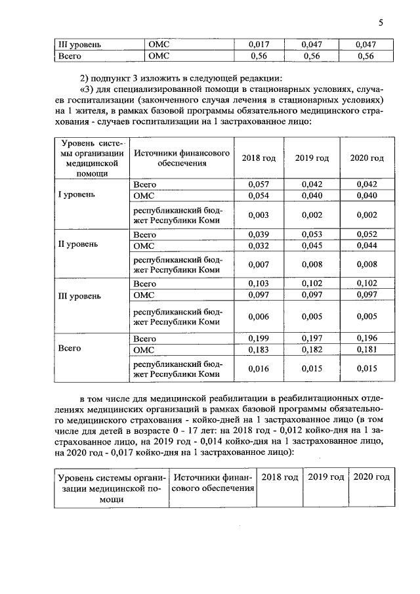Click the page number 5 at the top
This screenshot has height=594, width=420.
click(x=381, y=23)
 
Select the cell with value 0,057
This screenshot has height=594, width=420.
click(x=259, y=185)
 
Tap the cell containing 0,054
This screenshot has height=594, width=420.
click(x=259, y=196)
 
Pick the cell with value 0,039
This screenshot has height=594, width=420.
click(x=259, y=234)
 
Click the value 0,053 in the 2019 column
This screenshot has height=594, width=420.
click(x=312, y=234)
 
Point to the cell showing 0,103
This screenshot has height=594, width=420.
click(x=259, y=284)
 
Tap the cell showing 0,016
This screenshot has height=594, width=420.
click(x=259, y=369)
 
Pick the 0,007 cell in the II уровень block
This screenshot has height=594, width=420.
click(x=259, y=264)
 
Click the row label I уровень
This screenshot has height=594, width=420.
click(x=78, y=196)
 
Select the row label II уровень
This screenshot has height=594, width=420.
click(x=78, y=244)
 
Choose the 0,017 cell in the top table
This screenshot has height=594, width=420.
click(x=259, y=44)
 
